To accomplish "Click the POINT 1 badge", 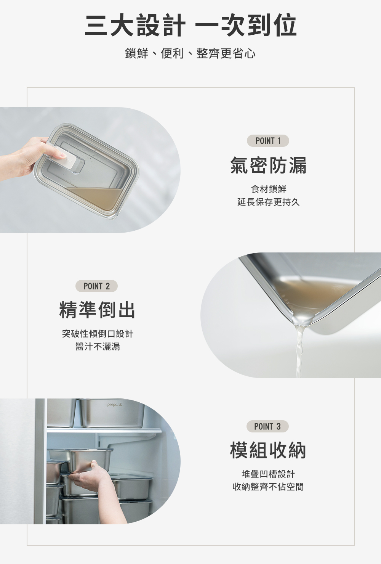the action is [x=268, y=141].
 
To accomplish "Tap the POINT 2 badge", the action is [x=96, y=286].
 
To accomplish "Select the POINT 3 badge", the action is [x=267, y=426].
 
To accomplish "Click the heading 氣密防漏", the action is [x=268, y=166].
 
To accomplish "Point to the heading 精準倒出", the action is [x=97, y=310].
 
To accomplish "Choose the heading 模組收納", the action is [x=268, y=451].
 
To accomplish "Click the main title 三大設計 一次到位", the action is [x=190, y=25].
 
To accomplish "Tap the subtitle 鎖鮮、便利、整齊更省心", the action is [x=190, y=53].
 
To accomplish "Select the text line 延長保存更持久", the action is [x=269, y=202].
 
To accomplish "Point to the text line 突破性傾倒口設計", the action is [x=98, y=334].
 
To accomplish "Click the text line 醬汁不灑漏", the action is [x=98, y=347].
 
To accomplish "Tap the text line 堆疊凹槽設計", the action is [x=268, y=474].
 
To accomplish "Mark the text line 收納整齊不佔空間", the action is [x=268, y=487].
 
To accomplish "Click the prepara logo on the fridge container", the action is [x=115, y=405].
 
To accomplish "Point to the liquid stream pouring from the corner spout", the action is [x=299, y=351].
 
